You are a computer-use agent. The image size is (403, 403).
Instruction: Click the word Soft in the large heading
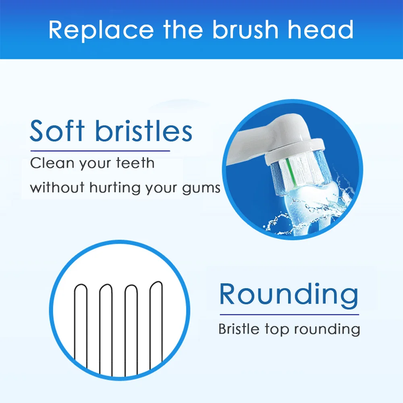60,131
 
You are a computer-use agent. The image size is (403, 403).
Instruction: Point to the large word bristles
144,131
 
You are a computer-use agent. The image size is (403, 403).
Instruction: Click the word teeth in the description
135,164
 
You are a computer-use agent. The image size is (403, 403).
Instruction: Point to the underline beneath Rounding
289,314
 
